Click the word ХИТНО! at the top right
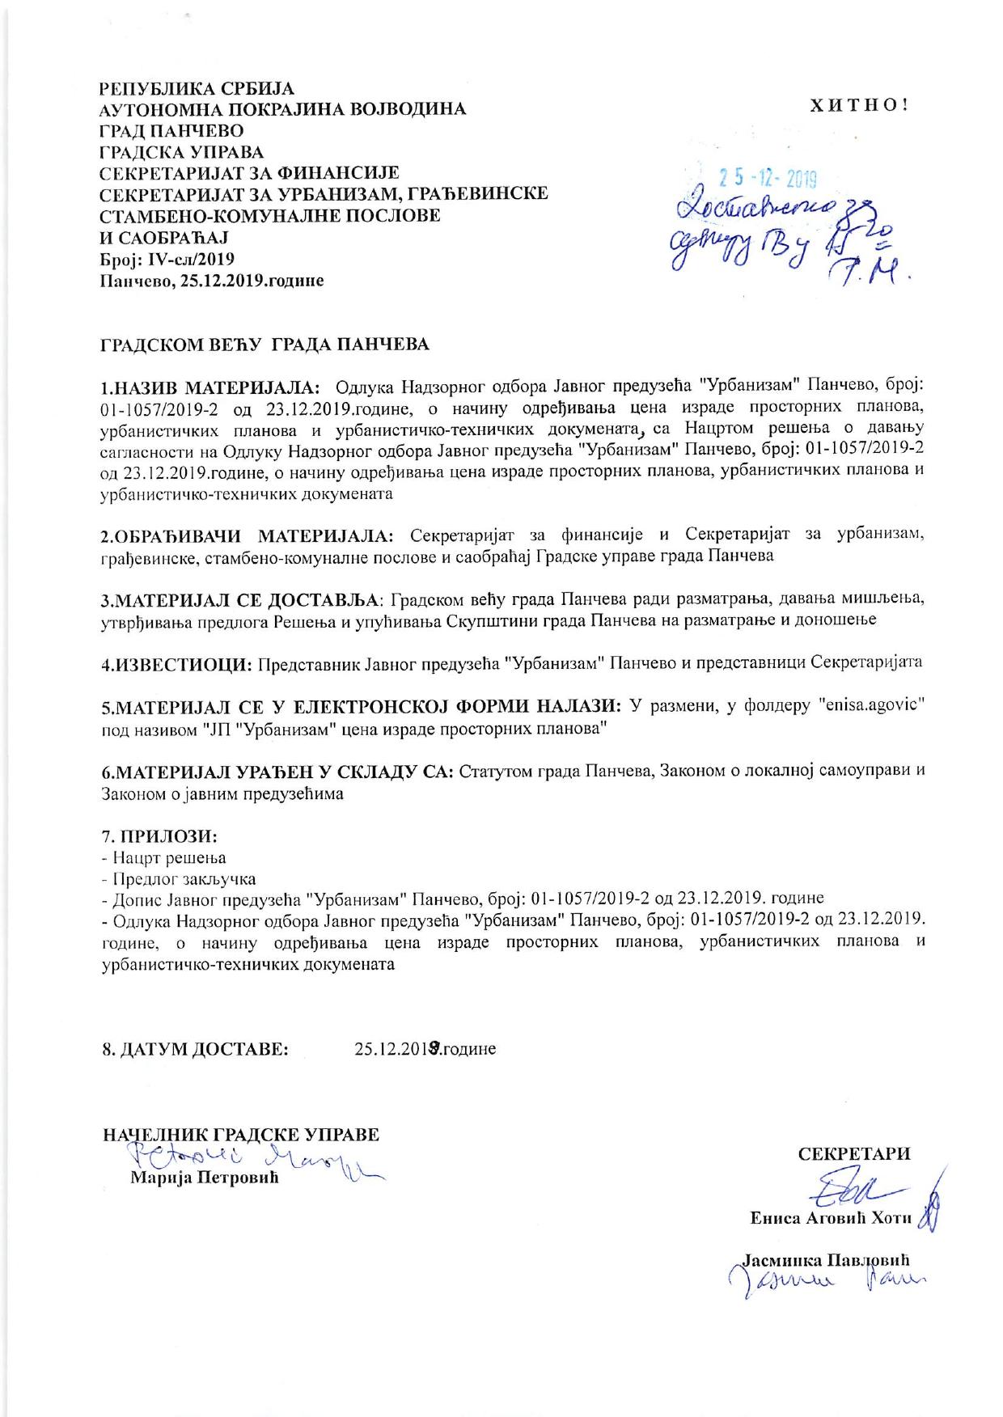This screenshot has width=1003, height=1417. tap(860, 105)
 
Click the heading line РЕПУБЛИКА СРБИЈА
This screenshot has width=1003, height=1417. tap(197, 88)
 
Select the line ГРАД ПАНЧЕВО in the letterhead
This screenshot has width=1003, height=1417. tap(171, 131)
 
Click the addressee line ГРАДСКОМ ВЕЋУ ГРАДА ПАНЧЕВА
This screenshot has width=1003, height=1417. tap(265, 345)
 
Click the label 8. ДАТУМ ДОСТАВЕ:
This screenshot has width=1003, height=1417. tap(195, 1050)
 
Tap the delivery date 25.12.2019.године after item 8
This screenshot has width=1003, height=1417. tap(425, 1050)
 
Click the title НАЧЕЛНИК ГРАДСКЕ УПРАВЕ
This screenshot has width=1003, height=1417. tap(241, 1135)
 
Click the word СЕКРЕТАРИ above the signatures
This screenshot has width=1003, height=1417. tap(853, 1154)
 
